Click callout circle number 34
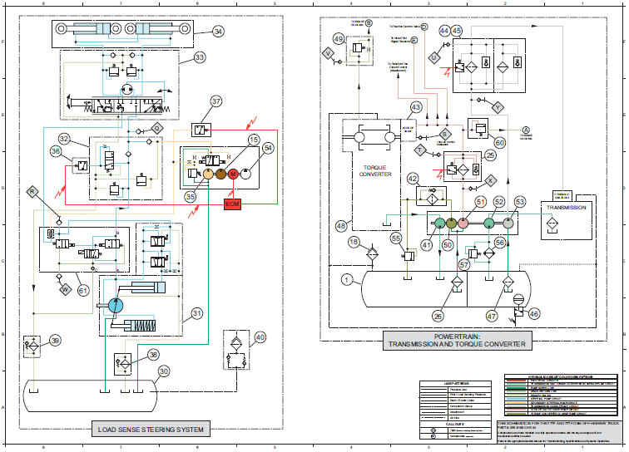point(218,32)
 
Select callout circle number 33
point(200,58)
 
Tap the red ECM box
point(232,204)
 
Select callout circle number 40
point(260,337)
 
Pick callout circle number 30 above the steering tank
point(164,371)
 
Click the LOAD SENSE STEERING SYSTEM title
point(150,430)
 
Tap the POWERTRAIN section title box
point(455,341)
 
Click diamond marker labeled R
point(32,192)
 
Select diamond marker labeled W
point(64,290)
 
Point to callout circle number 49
point(339,39)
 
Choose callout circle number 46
point(534,314)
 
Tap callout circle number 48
point(340,225)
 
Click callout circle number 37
point(216,103)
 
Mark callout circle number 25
point(490,155)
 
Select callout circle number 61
point(83,290)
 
